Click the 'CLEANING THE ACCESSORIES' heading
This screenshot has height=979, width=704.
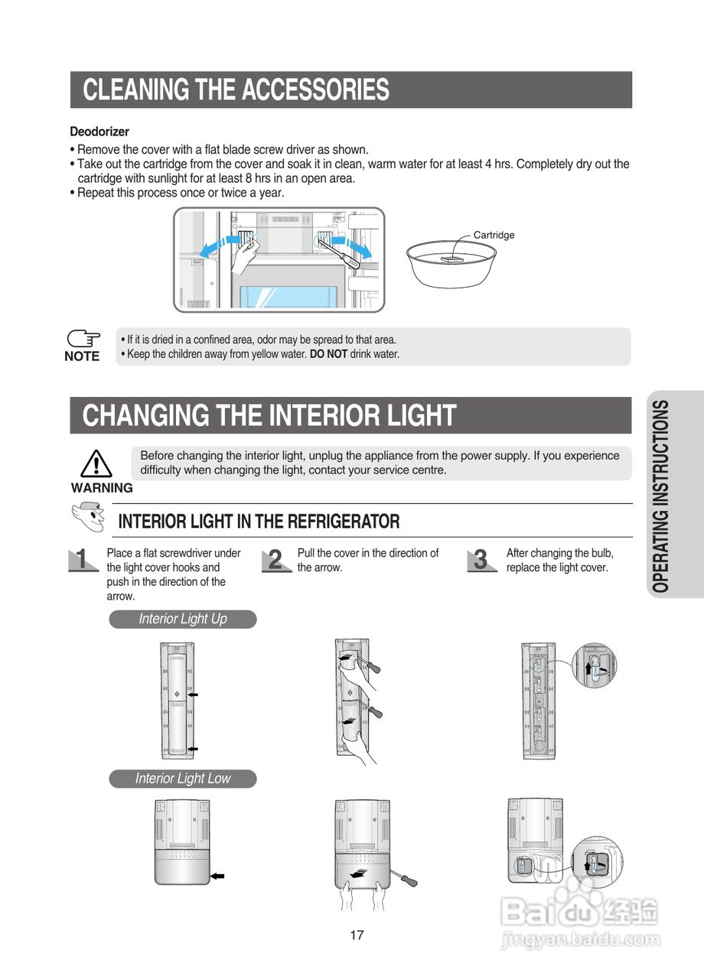236,89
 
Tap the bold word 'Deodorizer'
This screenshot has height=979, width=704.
99,132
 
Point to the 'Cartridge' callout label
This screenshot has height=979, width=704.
494,235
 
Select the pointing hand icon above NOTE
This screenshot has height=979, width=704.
83,338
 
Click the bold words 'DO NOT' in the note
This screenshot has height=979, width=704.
328,354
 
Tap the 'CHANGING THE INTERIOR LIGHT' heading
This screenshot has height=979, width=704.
269,415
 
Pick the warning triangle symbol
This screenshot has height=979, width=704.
96,463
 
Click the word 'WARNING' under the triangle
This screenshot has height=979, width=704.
102,488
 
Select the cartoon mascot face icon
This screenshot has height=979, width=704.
89,516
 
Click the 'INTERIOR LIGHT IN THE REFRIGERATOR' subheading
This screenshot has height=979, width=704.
259,522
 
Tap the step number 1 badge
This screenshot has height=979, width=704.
83,560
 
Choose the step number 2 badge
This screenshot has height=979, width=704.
276,561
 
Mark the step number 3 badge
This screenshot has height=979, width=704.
482,561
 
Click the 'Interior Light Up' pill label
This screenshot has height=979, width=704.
183,619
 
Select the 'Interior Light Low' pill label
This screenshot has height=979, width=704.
183,779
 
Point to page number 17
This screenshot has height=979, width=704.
357,935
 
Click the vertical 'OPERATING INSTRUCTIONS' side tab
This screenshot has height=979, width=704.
660,496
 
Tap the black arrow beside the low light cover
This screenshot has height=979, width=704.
217,876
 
